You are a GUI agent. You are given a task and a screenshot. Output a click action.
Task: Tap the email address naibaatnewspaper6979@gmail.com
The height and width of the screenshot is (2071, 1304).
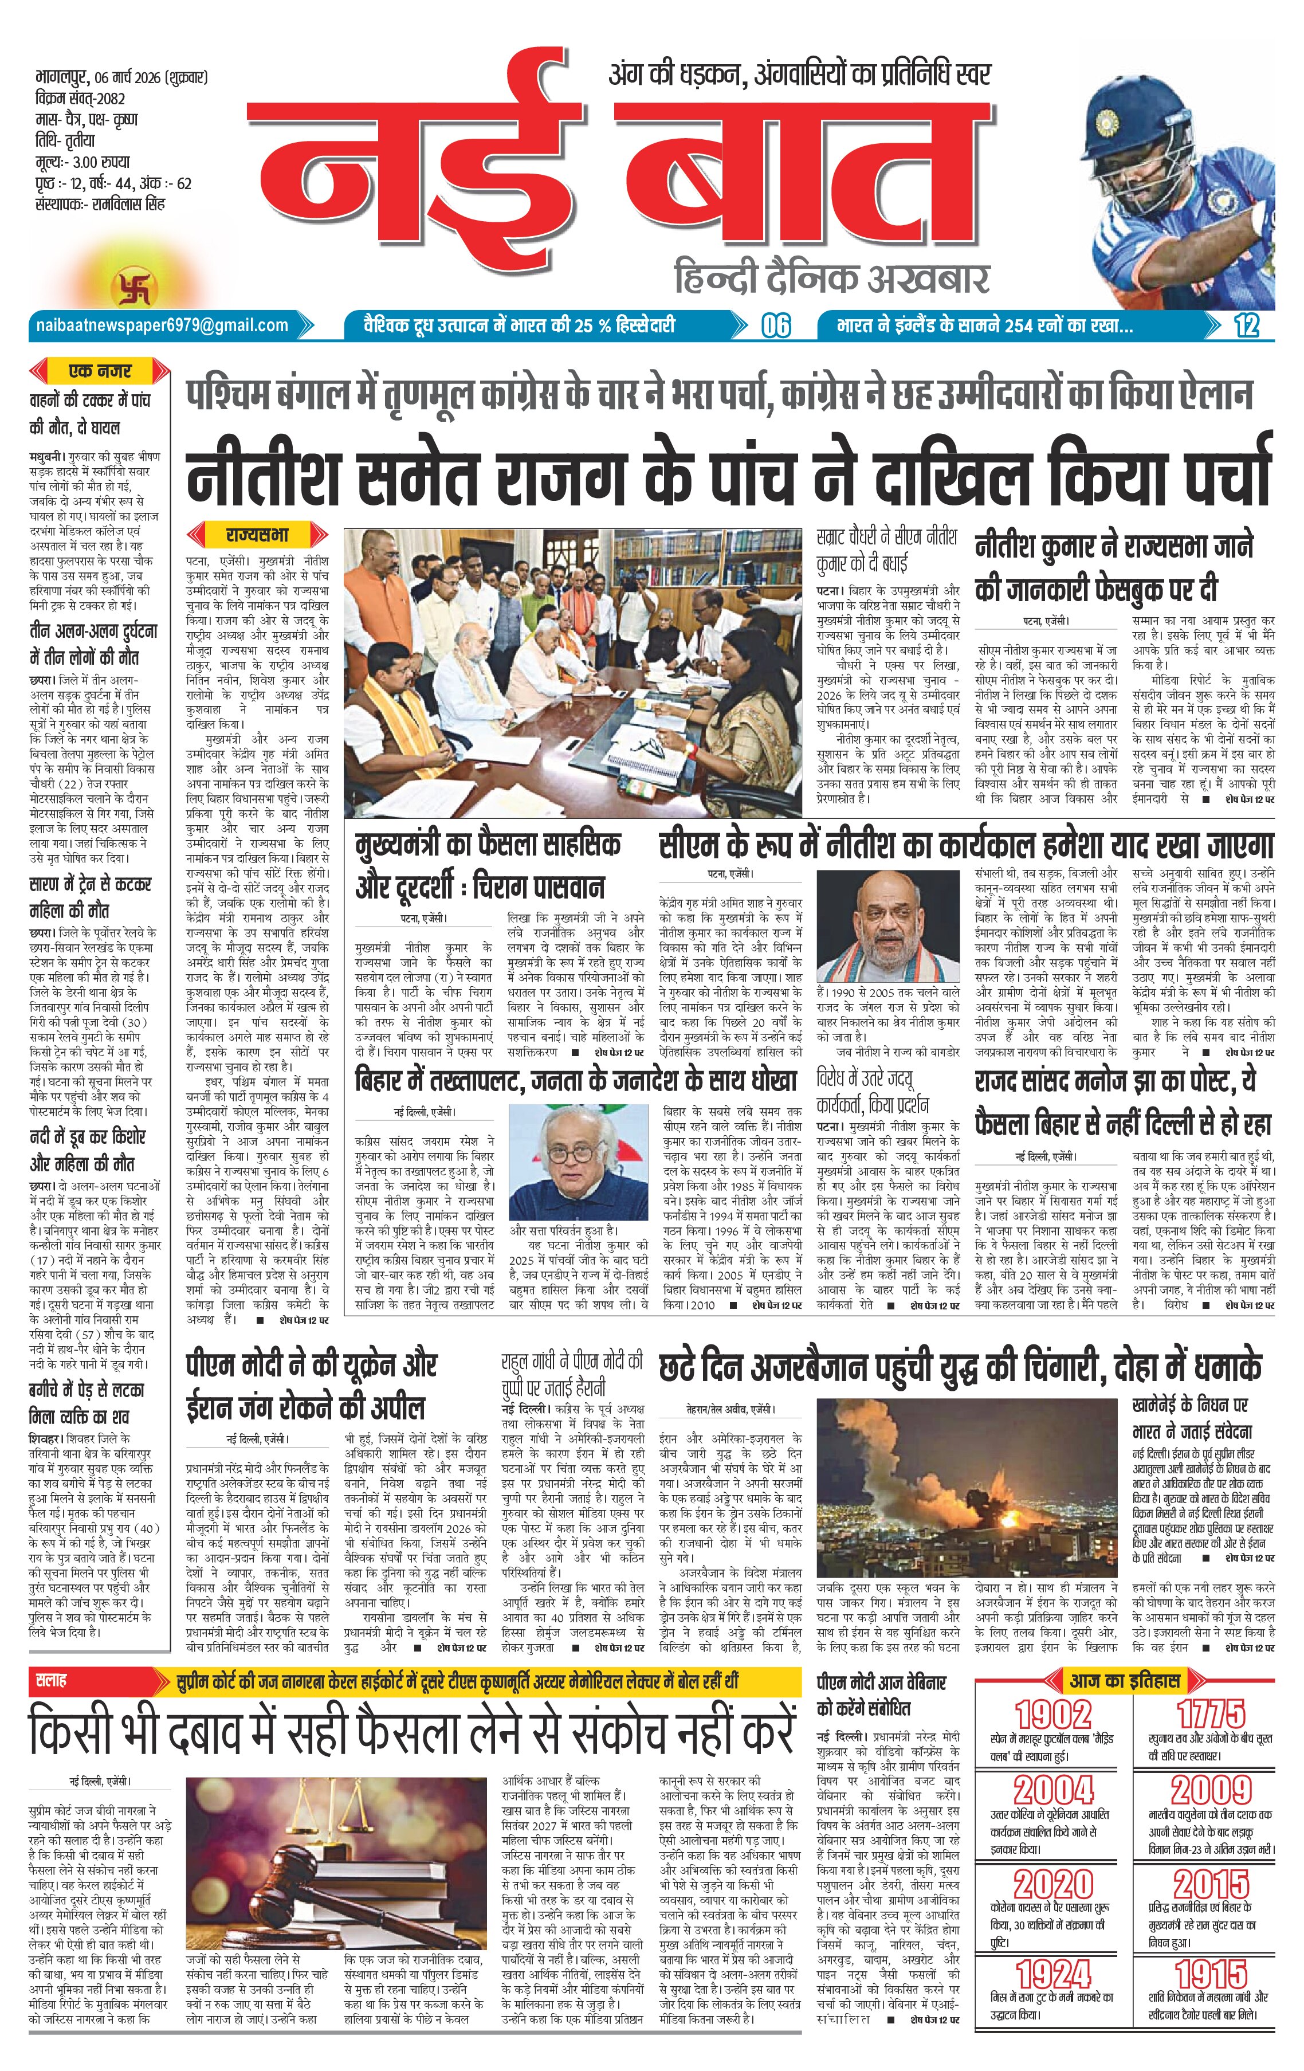(x=162, y=325)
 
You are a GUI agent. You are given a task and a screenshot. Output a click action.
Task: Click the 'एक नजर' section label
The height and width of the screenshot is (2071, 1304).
(x=100, y=371)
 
